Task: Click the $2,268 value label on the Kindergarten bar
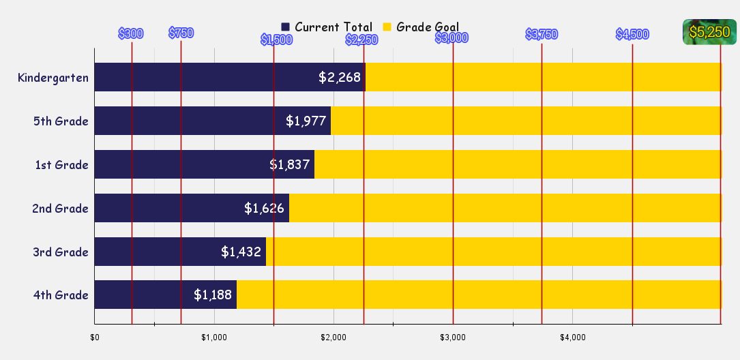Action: (x=340, y=78)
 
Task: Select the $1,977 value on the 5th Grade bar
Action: (x=306, y=121)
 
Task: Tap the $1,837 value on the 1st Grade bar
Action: (x=290, y=165)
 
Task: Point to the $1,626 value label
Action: (x=264, y=209)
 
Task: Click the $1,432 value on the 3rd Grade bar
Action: (x=241, y=252)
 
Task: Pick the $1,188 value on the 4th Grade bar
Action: (x=213, y=295)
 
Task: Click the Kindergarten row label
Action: (x=53, y=78)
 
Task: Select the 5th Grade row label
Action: (x=61, y=121)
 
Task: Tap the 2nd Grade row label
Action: (x=60, y=209)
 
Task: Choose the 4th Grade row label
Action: (x=61, y=295)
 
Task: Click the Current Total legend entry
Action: (x=327, y=27)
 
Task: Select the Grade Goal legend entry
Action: (x=421, y=27)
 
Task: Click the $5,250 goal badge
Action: (x=709, y=32)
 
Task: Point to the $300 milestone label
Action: (x=130, y=33)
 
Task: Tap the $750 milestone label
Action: (x=181, y=33)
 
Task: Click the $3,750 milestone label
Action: (x=542, y=35)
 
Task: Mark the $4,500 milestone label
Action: (x=632, y=35)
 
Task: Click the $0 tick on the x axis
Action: (x=95, y=337)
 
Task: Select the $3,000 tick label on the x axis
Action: (x=453, y=337)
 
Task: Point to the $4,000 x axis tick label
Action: (x=573, y=337)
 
